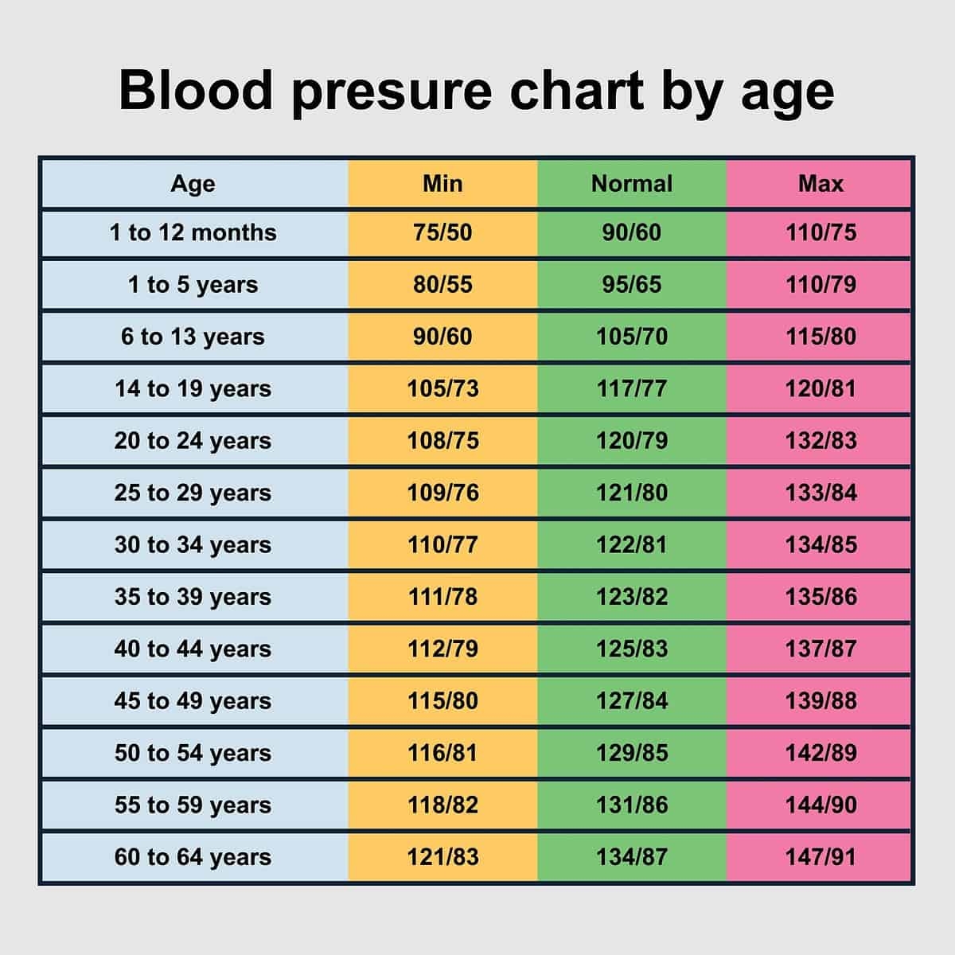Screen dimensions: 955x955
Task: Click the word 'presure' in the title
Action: click(x=392, y=91)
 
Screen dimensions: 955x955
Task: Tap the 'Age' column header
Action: click(x=193, y=184)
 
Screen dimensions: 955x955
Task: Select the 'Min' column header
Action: click(x=442, y=184)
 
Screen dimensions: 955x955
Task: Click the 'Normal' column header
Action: click(x=632, y=184)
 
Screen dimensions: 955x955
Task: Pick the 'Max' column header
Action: click(x=821, y=184)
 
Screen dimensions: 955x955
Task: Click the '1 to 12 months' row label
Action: click(x=193, y=233)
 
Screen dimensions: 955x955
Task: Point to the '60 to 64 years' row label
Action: click(x=193, y=857)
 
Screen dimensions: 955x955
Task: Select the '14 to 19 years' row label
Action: click(x=193, y=389)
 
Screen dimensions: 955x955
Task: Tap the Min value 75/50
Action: click(x=442, y=233)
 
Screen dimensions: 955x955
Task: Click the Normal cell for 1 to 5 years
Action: click(x=632, y=285)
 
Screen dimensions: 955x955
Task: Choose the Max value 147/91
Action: click(x=821, y=857)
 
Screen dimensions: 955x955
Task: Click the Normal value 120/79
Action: click(x=632, y=441)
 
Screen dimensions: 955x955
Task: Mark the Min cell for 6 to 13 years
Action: click(x=442, y=337)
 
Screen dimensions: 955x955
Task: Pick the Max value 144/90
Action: click(x=821, y=805)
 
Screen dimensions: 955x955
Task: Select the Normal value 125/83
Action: click(x=632, y=649)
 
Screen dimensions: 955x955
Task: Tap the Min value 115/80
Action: click(x=442, y=701)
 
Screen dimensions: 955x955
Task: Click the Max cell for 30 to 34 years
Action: click(x=821, y=545)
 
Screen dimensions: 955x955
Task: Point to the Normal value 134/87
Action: click(x=632, y=857)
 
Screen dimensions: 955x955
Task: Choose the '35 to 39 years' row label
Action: click(x=193, y=597)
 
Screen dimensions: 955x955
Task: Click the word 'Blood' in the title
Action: click(x=196, y=91)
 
